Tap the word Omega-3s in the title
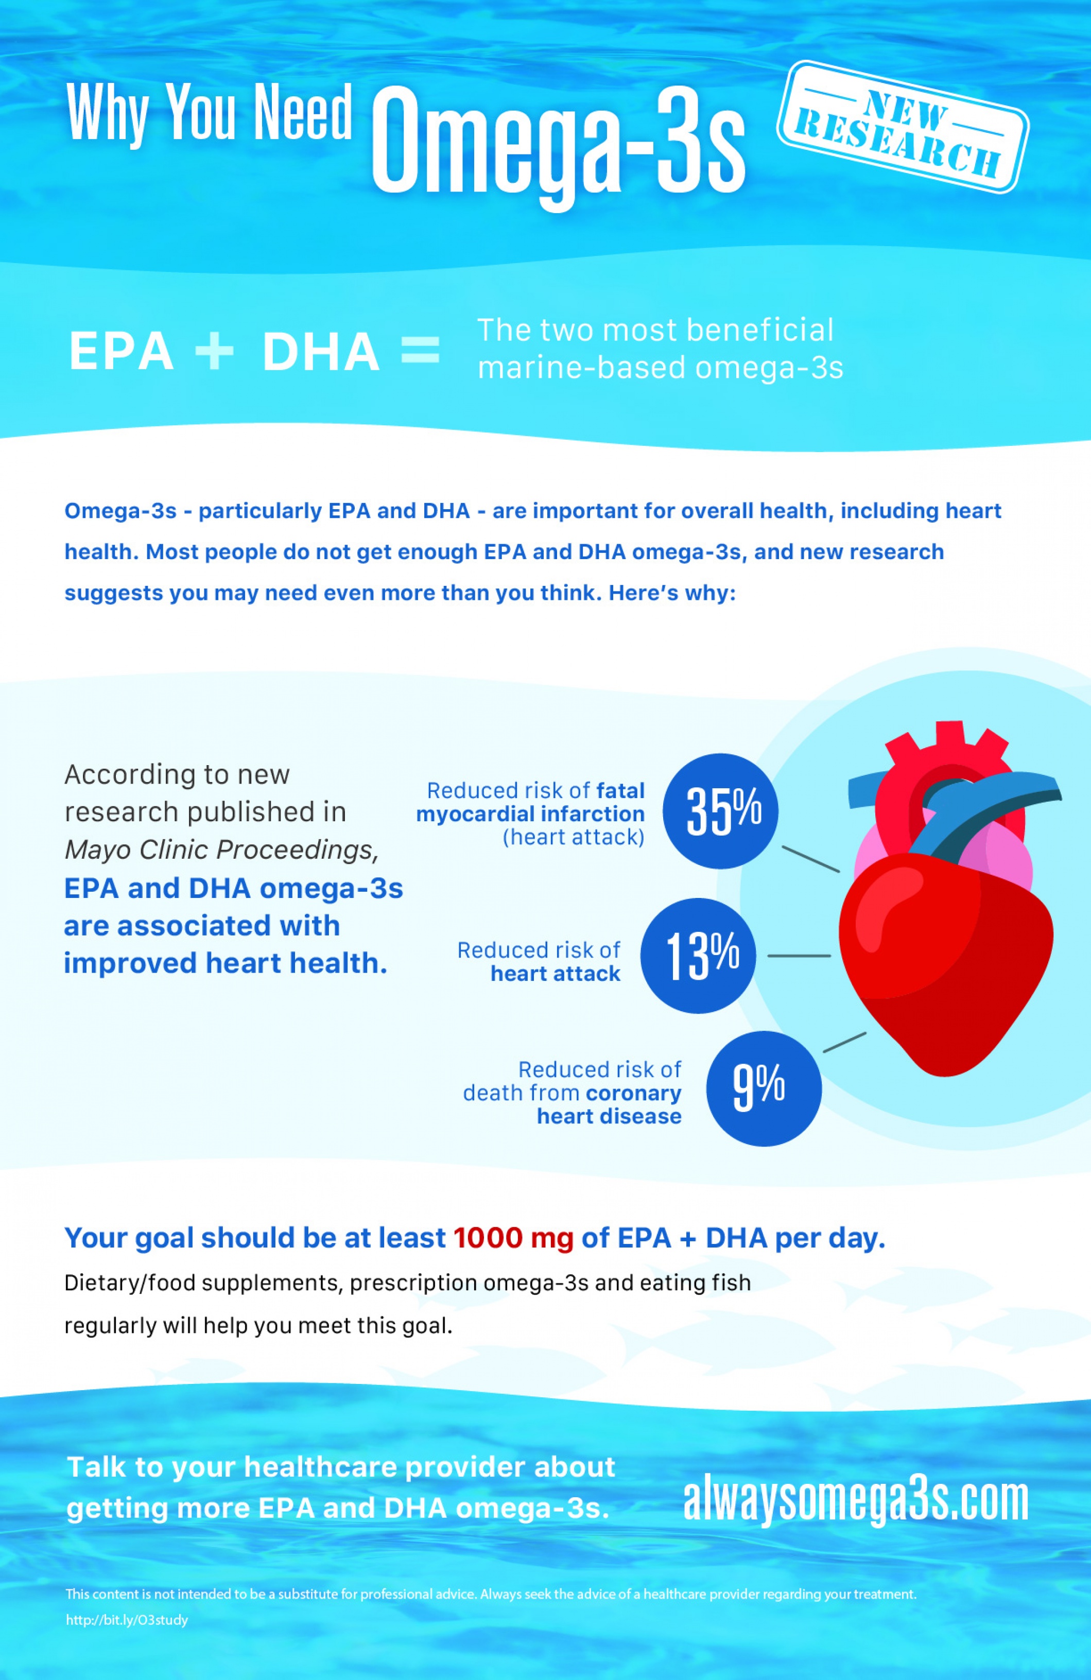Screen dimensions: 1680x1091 click(x=558, y=141)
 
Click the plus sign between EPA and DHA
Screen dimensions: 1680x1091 click(x=215, y=351)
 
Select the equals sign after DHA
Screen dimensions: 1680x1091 click(x=421, y=350)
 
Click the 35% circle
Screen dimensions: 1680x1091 click(x=720, y=811)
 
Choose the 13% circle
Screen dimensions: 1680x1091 click(x=699, y=956)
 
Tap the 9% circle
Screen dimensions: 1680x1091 click(x=764, y=1088)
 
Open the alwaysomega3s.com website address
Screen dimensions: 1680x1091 click(x=855, y=1501)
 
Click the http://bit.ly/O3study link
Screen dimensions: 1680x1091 click(x=127, y=1620)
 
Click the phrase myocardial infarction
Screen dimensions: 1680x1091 click(x=530, y=814)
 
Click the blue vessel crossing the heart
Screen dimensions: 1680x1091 click(x=988, y=805)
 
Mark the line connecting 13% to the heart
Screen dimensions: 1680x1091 click(x=799, y=956)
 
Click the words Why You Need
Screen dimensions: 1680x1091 click(x=209, y=113)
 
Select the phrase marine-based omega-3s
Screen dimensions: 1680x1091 click(x=660, y=368)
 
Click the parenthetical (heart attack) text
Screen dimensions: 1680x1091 click(x=573, y=837)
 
